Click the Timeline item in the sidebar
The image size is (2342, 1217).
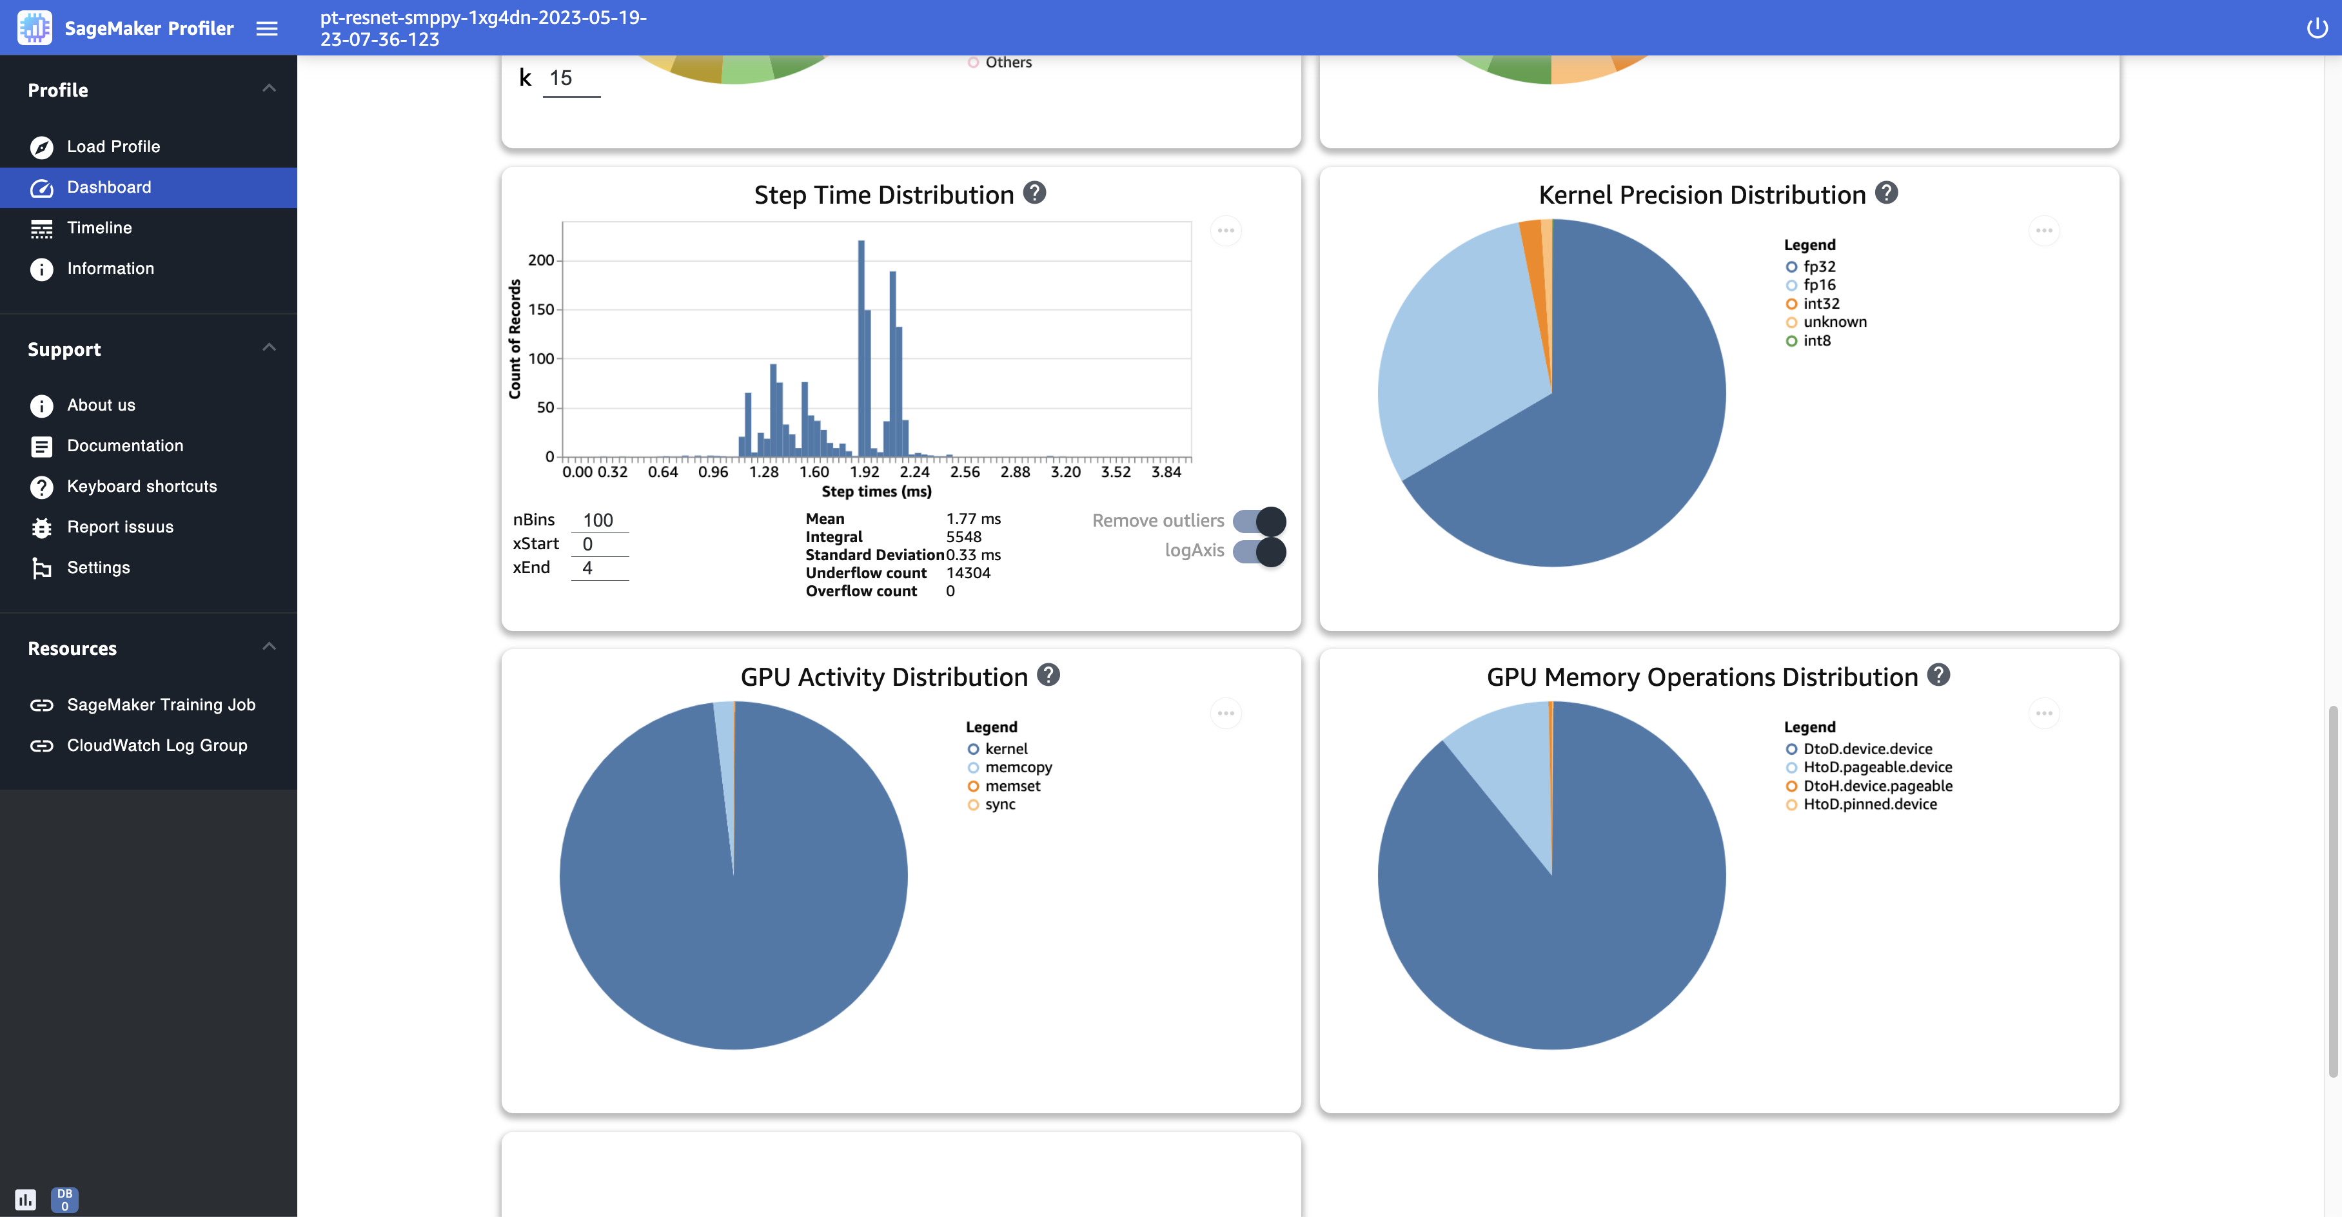tap(99, 228)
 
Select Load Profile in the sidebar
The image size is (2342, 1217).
tap(113, 146)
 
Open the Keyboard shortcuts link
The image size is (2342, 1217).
tap(141, 486)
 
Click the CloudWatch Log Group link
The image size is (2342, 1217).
tap(157, 745)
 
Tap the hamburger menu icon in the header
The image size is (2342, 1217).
tap(266, 28)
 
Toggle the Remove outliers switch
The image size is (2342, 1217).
tap(1259, 521)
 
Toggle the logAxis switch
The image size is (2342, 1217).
tap(1259, 550)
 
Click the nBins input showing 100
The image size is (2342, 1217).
tap(599, 520)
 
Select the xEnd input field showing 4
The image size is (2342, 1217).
tap(599, 568)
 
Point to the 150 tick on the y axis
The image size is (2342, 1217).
tap(541, 310)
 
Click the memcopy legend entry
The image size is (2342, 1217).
tap(1018, 767)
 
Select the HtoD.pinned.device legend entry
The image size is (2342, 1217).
tap(1869, 804)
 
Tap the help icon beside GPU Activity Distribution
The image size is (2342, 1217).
tap(1048, 676)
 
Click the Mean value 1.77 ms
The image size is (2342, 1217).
tap(973, 519)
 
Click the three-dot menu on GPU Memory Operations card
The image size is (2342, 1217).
tap(2044, 714)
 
